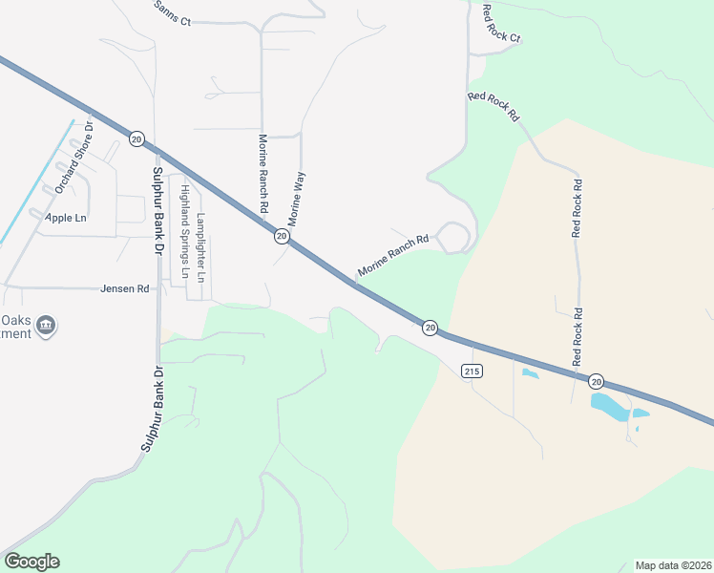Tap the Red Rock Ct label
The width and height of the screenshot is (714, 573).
[x=501, y=26]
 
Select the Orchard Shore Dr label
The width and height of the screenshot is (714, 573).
[x=73, y=157]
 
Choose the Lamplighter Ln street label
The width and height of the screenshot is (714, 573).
[x=200, y=247]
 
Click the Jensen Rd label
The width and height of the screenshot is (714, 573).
[x=124, y=287]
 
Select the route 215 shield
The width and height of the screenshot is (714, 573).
[x=472, y=370]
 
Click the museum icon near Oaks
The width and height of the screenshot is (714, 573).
[x=46, y=328]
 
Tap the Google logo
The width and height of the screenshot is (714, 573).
[x=31, y=562]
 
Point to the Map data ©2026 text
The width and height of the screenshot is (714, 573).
[x=672, y=565]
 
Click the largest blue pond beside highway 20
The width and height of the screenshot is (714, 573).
[x=609, y=407]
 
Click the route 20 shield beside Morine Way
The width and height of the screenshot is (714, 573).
[x=282, y=235]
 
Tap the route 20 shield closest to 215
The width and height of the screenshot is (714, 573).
[x=430, y=328]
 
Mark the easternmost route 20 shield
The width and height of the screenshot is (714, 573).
[x=596, y=380]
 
